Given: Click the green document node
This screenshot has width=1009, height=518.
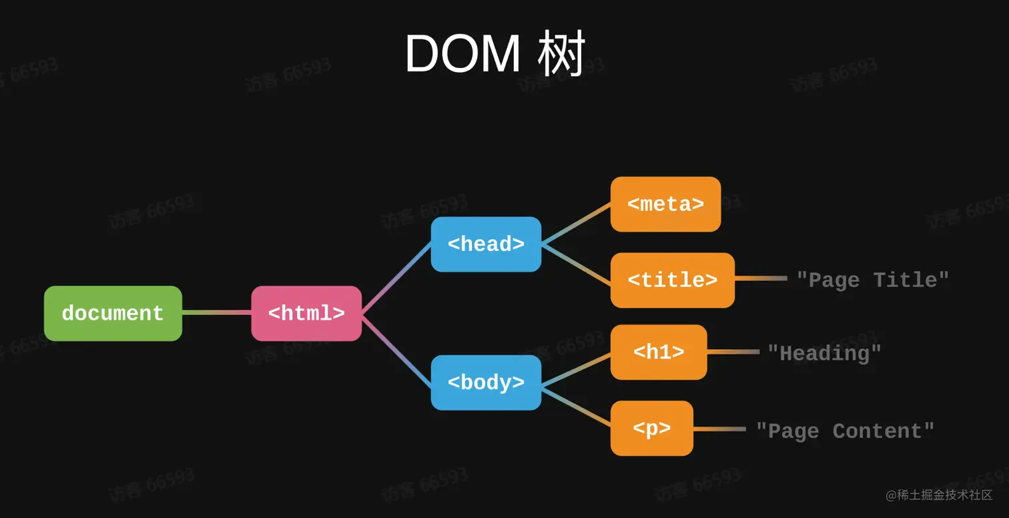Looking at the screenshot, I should coord(113,314).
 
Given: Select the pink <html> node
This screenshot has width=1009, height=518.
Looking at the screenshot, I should coord(306,314).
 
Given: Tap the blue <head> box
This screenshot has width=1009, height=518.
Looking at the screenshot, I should coord(486,244).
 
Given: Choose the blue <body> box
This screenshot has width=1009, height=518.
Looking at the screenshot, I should coord(486,382).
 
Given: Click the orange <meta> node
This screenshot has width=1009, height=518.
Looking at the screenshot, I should coord(665,204).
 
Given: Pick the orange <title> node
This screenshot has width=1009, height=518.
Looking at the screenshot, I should coord(672,280).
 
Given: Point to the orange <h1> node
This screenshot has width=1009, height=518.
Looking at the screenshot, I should coord(659,352).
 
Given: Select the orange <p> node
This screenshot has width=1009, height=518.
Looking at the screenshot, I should coord(652,429).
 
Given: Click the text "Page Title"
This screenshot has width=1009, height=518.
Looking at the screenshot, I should coord(872,280).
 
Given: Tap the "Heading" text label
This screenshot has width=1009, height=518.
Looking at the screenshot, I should coord(824,353).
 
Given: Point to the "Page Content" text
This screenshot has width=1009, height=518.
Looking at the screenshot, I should coord(845,431).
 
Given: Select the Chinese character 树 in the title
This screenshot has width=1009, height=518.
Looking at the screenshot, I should coord(561,54).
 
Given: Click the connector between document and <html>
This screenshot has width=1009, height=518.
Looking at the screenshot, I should coord(216,312).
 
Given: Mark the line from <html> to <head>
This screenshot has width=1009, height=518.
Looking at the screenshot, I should coord(396,278).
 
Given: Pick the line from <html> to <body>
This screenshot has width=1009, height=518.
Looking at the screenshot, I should coord(396,350).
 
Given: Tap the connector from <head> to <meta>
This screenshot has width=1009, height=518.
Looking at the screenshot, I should coord(576,224).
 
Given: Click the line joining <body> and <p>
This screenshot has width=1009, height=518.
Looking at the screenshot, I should coord(576,407).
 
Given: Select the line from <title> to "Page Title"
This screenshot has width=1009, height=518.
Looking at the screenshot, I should coord(761,278).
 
